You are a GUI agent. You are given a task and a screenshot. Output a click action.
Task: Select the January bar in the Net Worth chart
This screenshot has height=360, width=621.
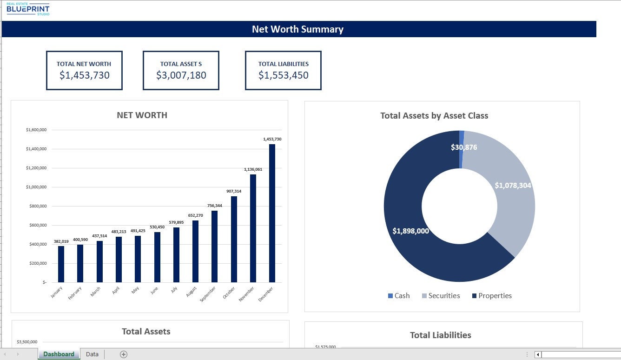(61, 264)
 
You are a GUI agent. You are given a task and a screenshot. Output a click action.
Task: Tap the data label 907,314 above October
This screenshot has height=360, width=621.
(234, 191)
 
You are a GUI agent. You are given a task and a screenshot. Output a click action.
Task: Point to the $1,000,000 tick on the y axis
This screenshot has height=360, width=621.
(36, 187)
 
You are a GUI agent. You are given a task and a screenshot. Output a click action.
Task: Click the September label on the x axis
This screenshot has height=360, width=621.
(208, 294)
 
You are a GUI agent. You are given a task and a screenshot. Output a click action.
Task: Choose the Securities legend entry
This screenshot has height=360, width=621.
(441, 296)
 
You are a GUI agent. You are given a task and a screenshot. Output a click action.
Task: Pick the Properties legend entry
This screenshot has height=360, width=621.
(492, 296)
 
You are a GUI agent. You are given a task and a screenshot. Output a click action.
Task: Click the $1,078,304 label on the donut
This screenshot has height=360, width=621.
(513, 185)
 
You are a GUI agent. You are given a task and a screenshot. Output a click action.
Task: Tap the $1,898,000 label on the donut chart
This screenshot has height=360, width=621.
(410, 231)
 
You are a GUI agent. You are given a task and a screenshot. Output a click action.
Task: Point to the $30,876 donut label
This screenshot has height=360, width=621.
(464, 147)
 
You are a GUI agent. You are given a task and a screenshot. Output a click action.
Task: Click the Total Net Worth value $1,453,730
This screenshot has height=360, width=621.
(84, 75)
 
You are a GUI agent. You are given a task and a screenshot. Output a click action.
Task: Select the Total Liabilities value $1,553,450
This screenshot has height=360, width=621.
(283, 75)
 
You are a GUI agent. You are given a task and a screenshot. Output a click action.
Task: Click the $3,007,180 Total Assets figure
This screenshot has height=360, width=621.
(181, 75)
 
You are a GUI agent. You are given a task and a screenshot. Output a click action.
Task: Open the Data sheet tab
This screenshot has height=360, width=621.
(92, 354)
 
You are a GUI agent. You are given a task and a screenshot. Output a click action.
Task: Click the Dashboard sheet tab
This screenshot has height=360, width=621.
(59, 354)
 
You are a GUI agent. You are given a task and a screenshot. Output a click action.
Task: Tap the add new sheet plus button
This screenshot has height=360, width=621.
(124, 354)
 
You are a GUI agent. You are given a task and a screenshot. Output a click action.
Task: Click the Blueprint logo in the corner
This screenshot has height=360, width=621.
(28, 9)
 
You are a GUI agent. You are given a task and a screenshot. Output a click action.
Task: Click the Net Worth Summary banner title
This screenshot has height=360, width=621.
(297, 29)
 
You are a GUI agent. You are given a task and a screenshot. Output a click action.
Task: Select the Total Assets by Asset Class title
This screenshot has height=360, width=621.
(434, 116)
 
